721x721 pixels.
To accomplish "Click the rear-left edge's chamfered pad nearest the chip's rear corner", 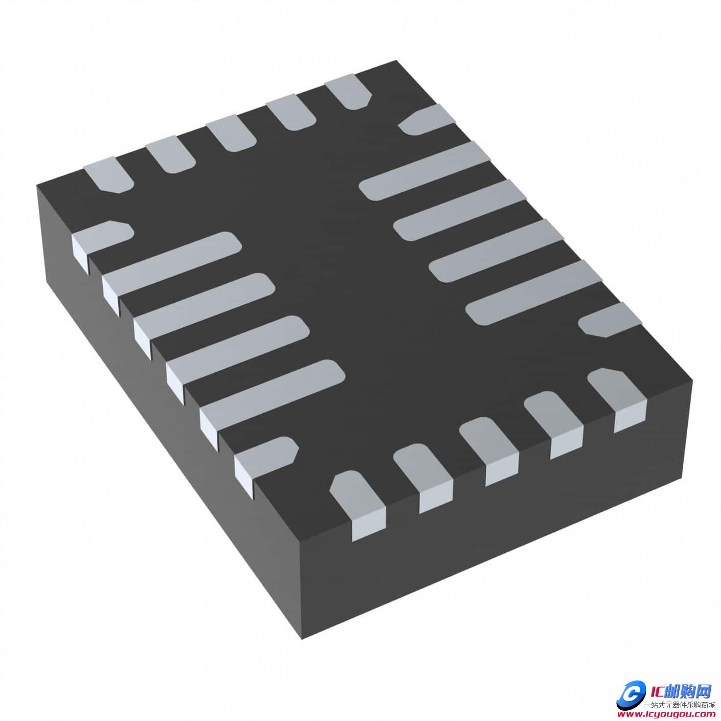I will tap(350, 92).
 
